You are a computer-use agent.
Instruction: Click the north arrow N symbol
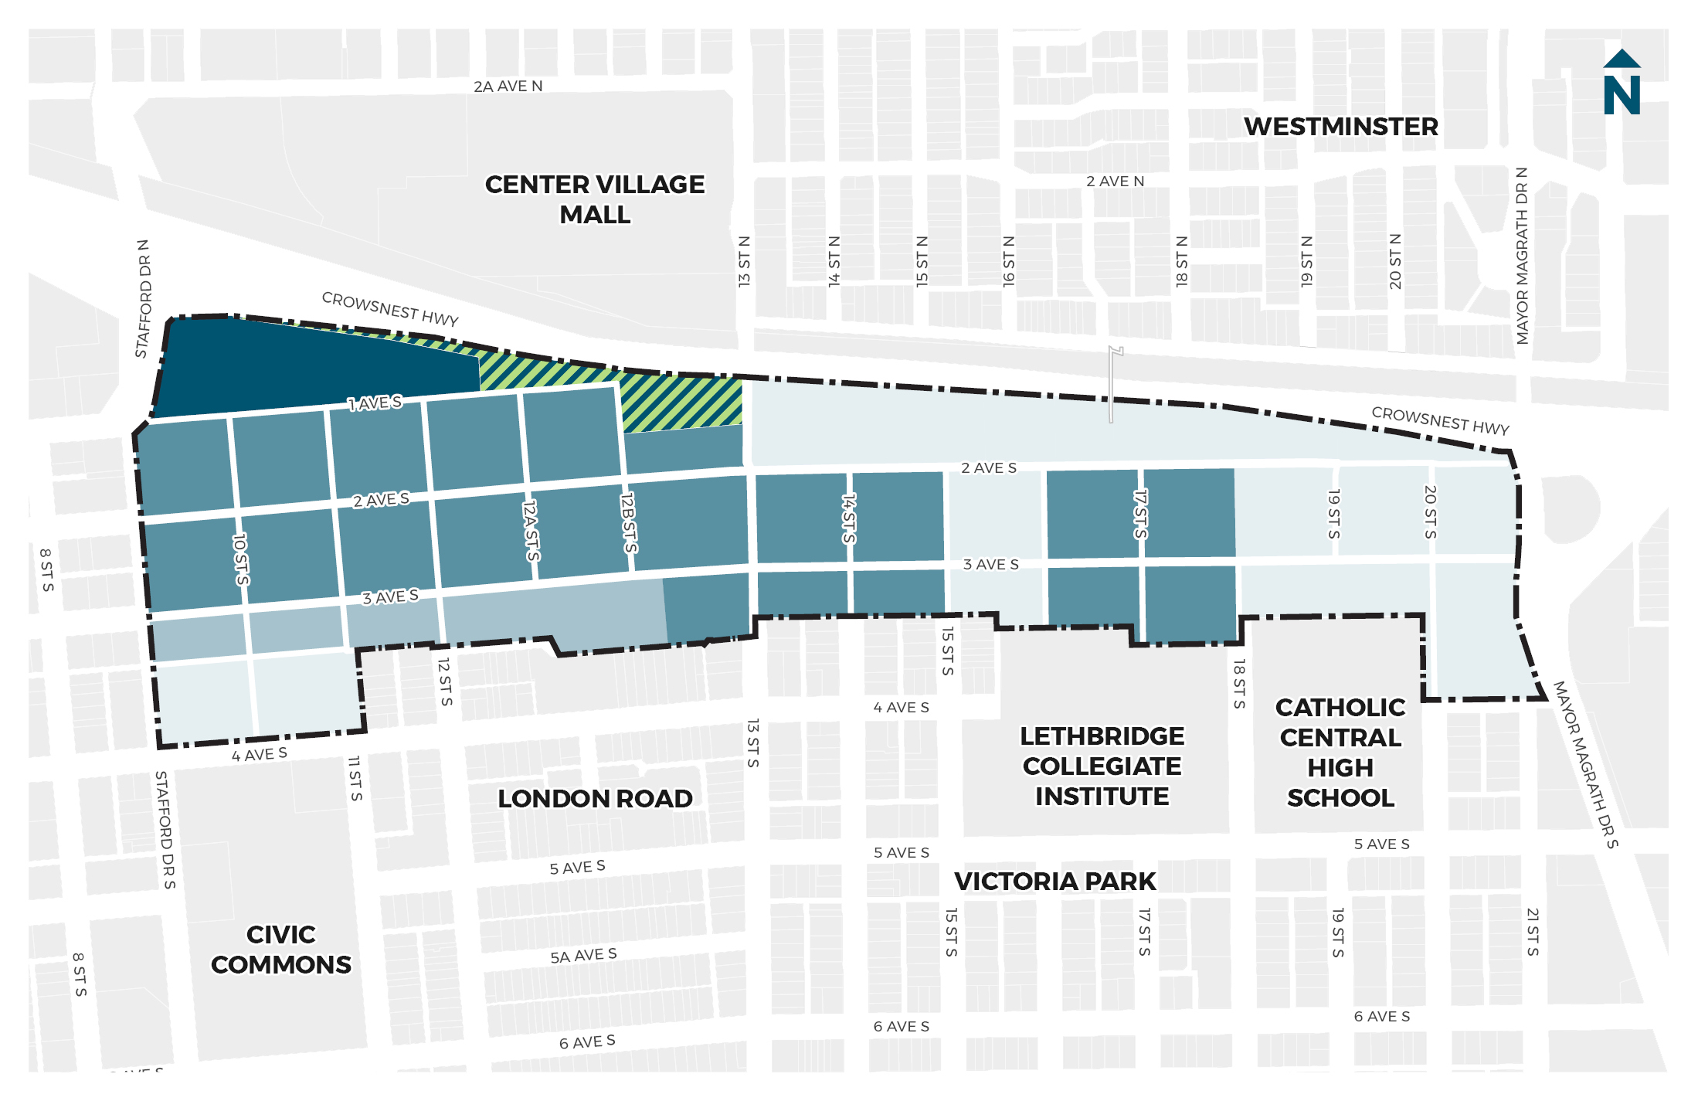pyautogui.click(x=1621, y=83)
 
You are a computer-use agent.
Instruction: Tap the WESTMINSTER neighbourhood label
pyautogui.click(x=1340, y=127)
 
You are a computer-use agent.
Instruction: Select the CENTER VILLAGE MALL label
pyautogui.click(x=594, y=199)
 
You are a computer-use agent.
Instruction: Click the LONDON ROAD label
pyautogui.click(x=594, y=798)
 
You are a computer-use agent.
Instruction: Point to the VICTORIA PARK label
pyautogui.click(x=1054, y=881)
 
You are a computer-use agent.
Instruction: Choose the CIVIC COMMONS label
pyautogui.click(x=280, y=950)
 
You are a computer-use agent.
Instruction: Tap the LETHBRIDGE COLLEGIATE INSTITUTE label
pyautogui.click(x=1102, y=766)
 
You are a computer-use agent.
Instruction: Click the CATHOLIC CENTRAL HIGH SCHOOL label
pyautogui.click(x=1340, y=753)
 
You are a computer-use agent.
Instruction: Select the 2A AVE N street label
pyautogui.click(x=508, y=87)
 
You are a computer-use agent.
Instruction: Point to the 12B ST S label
pyautogui.click(x=629, y=523)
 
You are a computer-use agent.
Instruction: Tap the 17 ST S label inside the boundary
pyautogui.click(x=1140, y=514)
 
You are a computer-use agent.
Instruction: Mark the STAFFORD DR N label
pyautogui.click(x=144, y=299)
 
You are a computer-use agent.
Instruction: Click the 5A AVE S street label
pyautogui.click(x=583, y=956)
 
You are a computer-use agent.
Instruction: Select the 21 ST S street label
pyautogui.click(x=1533, y=932)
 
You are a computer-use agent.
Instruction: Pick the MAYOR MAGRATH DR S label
pyautogui.click(x=1585, y=765)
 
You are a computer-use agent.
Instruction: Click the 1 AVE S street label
pyautogui.click(x=375, y=403)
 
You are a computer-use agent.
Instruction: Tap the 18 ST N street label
pyautogui.click(x=1182, y=262)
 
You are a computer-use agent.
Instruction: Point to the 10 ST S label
pyautogui.click(x=241, y=559)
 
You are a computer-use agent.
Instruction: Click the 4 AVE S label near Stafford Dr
pyautogui.click(x=259, y=754)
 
